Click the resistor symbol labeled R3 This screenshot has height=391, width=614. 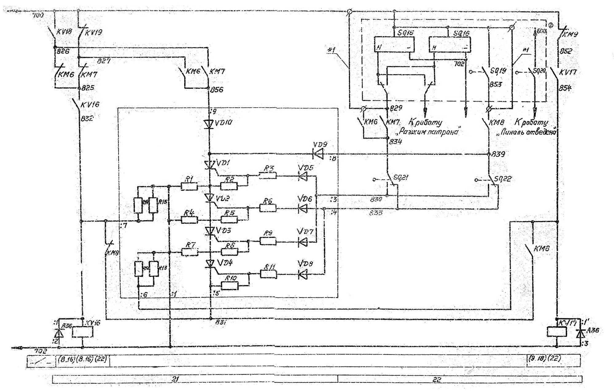pos(268,175)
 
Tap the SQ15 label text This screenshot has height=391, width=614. pos(406,33)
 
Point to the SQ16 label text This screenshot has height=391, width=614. pos(461,33)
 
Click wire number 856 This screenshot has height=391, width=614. pos(217,90)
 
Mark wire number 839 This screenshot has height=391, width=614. pos(498,154)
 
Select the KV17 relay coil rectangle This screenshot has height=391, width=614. pos(557,332)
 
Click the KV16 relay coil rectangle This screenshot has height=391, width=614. pos(82,332)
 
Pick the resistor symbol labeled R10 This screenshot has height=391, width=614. pos(229,286)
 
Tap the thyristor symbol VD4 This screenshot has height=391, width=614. pos(210,264)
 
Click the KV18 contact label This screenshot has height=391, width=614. pos(64,32)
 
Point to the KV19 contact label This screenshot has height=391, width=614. pos(93,33)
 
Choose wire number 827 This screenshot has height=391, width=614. pos(104,61)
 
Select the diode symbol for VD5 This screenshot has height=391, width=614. pos(303,176)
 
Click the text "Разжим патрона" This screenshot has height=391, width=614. pos(429,132)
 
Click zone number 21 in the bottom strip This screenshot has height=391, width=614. pos(175,379)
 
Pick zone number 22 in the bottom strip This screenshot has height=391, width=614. pos(437,380)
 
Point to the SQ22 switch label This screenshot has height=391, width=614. pos(503,179)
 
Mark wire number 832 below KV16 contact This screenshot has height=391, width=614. pos(87,118)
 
